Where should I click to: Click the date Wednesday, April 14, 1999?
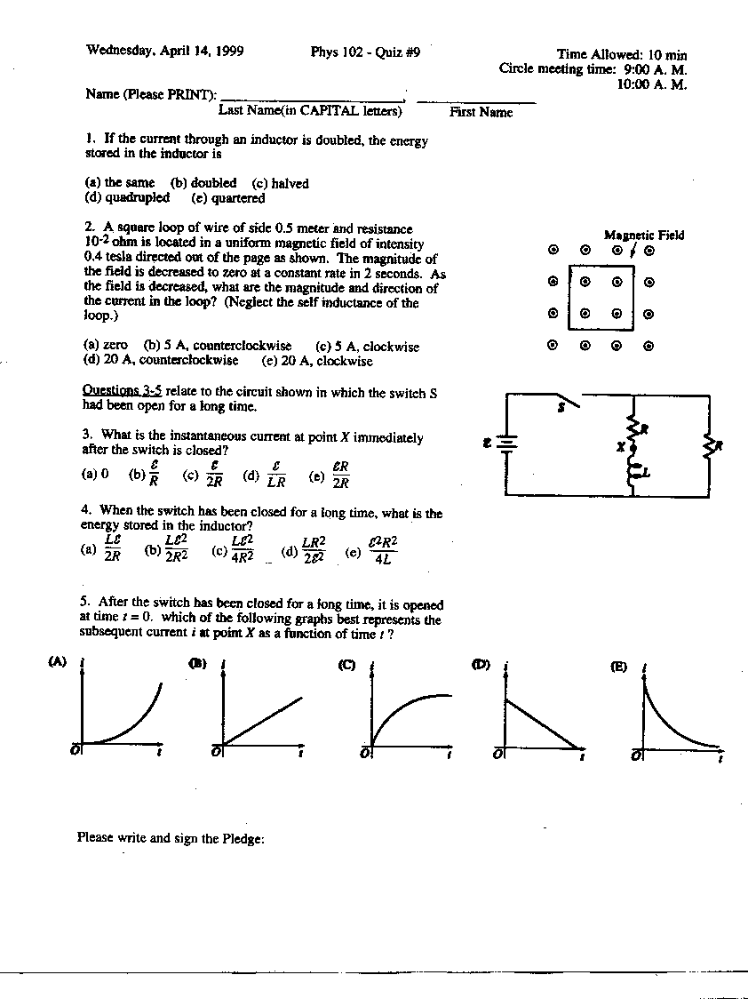coord(164,51)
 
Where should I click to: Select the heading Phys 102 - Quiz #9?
coord(365,52)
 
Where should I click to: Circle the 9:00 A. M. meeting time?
coord(656,69)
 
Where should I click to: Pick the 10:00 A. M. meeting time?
coord(652,84)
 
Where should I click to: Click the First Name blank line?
coord(476,100)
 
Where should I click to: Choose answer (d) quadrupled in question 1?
coord(127,198)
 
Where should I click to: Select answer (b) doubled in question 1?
coord(203,183)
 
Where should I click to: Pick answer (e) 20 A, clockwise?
coord(317,361)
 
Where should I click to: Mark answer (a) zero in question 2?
coord(106,346)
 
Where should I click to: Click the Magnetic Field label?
coord(644,235)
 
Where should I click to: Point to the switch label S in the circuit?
coord(561,410)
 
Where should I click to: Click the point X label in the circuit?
coord(620,447)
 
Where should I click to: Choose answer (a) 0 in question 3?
coord(94,475)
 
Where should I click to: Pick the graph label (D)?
coord(481,665)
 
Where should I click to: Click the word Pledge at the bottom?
coord(243,837)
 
